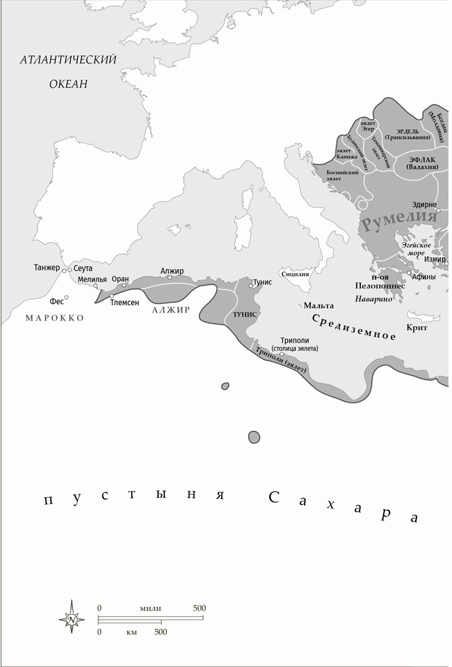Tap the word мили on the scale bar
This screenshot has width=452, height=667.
(151, 608)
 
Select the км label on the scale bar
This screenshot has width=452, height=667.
(131, 632)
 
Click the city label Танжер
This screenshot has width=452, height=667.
(47, 268)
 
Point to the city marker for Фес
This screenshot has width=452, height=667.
(66, 298)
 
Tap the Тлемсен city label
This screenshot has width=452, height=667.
(125, 302)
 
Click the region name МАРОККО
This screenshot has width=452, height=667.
(55, 318)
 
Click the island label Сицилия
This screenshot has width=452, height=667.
(295, 273)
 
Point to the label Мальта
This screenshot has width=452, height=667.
(319, 305)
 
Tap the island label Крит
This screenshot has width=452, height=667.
(417, 328)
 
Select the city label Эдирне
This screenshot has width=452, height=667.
(425, 205)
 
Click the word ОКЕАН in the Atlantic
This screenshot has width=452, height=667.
(68, 84)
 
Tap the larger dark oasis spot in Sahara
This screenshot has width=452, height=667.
(254, 437)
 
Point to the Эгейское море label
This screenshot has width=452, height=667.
(416, 249)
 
